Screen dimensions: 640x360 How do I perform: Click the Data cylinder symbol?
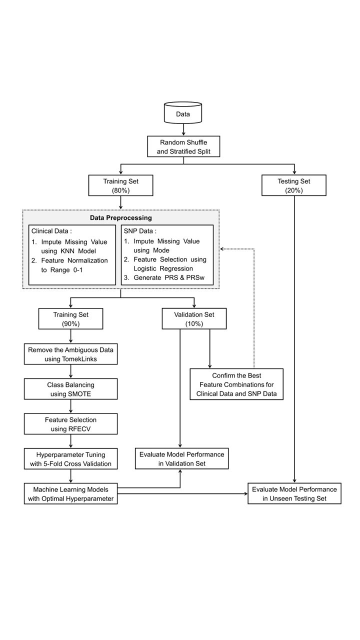182,114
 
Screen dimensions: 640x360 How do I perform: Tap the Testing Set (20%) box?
294,185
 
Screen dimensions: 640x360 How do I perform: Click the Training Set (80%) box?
120,185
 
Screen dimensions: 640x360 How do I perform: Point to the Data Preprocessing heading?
120,218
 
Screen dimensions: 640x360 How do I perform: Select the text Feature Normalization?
74,261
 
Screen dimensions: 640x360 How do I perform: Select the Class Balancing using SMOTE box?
70,389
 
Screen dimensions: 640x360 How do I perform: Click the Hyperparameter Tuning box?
70,459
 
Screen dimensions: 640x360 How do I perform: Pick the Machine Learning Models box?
70,493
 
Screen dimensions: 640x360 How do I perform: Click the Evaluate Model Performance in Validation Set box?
179,459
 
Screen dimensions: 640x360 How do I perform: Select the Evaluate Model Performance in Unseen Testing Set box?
294,493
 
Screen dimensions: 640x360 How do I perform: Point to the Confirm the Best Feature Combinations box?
236,384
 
